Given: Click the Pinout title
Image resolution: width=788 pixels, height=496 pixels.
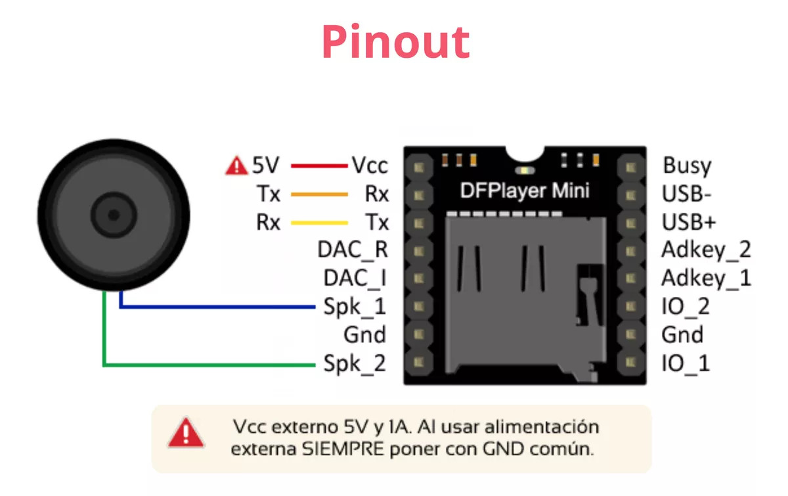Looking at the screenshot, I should (x=395, y=41).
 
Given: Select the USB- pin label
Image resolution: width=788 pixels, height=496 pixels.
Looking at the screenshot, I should (x=687, y=194).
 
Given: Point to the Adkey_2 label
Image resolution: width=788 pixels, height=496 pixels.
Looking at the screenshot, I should (x=706, y=250).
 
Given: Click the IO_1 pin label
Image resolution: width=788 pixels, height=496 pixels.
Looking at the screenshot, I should (x=686, y=363).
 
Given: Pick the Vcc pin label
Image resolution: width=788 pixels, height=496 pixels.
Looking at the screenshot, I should (x=370, y=165).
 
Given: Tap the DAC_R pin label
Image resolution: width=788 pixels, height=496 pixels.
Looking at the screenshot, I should (x=353, y=250).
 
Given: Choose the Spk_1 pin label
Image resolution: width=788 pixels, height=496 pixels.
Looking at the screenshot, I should (x=355, y=307).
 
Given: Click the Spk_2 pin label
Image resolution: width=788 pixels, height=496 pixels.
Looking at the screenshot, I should (x=355, y=363).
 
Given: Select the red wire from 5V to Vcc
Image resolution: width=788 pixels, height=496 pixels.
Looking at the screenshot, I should (x=319, y=166).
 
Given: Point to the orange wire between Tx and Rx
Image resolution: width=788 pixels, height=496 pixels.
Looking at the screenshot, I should (x=319, y=194).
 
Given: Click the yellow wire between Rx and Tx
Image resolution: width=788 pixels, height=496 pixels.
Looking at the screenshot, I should (x=319, y=223).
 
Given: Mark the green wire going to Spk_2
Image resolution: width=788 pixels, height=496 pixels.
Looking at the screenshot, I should (x=210, y=363).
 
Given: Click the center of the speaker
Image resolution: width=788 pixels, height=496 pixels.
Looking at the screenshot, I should (x=114, y=214).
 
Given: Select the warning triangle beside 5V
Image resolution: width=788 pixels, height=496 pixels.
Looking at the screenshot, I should (x=236, y=166).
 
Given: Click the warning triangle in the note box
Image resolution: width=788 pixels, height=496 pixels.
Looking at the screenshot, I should (x=186, y=433).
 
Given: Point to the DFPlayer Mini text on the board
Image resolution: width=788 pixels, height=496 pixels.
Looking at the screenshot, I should (x=524, y=191).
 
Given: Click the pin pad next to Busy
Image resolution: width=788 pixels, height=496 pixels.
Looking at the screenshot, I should (x=632, y=167).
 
